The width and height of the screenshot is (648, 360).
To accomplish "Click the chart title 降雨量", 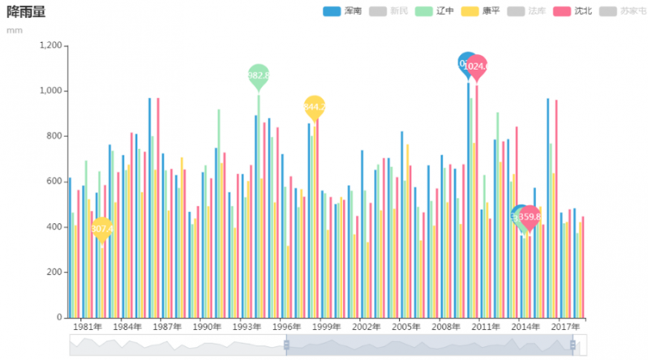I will coord(26,12).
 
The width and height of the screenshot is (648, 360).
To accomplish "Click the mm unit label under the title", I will coord(14,30).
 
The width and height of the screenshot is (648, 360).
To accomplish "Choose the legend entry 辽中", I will coord(435,11).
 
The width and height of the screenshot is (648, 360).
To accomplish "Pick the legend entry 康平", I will coord(480,11).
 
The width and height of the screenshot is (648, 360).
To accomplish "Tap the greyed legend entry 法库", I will coord(526,11).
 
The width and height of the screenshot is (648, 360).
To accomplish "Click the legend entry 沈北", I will coord(573,11).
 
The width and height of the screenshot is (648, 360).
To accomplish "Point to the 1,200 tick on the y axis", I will coord(49,45).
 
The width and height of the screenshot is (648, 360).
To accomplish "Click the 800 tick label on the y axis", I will coord(55,136).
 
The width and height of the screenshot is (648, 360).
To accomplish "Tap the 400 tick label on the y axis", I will coord(55,227).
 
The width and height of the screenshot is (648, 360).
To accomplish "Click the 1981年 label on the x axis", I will coord(87,327).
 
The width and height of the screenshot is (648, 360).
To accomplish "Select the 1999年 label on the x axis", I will coord(326,327).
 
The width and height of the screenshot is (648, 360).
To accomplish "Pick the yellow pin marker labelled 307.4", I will coord(102,229).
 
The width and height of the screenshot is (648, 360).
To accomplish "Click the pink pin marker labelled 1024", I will coord(477,66).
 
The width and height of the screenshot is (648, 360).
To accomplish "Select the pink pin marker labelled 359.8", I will coord(529,216).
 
